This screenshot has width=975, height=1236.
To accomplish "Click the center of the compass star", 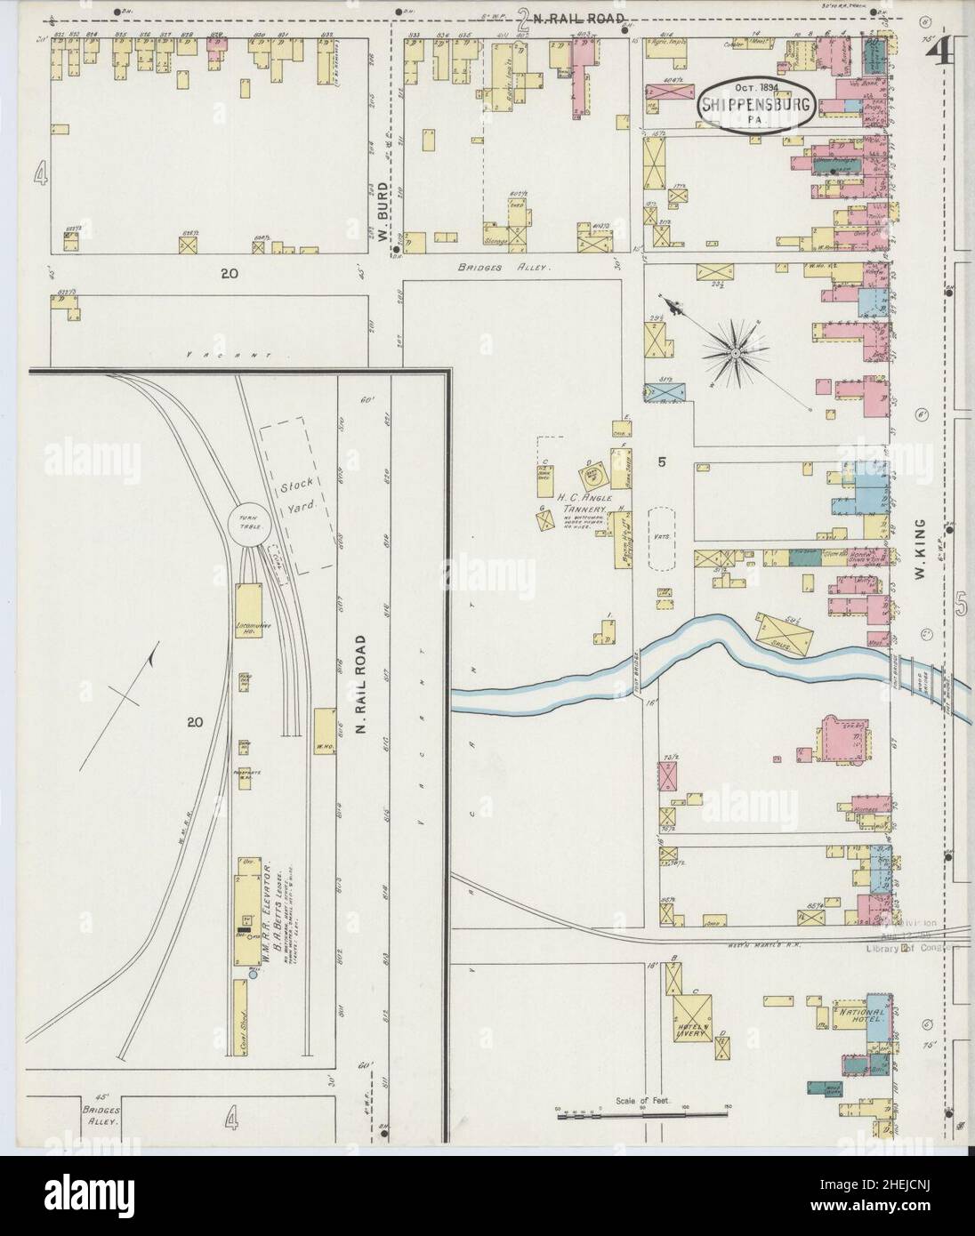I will tap(737, 354).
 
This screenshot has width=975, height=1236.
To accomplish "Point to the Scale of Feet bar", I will tap(641, 1112).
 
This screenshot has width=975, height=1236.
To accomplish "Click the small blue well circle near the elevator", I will tap(253, 975).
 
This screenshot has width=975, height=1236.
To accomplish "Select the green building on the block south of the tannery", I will tap(804, 558).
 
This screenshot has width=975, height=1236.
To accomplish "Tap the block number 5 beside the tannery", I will tap(662, 461).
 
